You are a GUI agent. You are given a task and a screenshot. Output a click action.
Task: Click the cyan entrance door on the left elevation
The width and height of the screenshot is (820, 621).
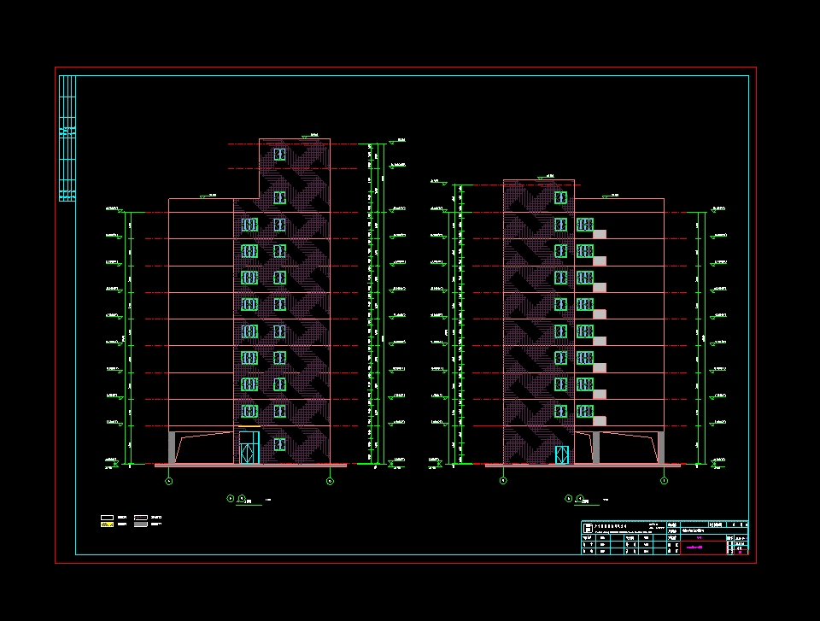point(249,448)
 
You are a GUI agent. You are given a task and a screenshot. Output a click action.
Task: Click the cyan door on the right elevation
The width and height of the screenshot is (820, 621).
point(561,454)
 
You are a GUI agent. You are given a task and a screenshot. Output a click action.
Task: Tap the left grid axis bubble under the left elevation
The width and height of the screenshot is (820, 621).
point(168,482)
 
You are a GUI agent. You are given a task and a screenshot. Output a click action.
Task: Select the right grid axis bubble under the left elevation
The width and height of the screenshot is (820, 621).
point(330,482)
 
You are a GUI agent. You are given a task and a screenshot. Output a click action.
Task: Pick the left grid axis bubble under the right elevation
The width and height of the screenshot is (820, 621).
point(502,482)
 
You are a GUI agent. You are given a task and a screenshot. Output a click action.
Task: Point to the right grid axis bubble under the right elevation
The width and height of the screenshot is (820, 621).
point(664,482)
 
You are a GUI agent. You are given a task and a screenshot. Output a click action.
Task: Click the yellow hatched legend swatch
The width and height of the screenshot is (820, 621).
point(108,524)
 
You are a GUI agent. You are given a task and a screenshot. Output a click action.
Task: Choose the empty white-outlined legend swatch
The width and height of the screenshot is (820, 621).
point(108,518)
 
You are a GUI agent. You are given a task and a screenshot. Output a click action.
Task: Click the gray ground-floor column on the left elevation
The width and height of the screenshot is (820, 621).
point(172,448)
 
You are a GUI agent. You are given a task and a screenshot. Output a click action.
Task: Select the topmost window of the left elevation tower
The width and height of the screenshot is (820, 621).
point(279,154)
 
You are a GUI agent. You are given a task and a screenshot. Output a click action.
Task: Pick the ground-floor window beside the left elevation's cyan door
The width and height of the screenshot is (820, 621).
point(279,444)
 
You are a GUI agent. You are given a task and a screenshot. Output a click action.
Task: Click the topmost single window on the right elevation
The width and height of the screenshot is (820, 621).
point(560,198)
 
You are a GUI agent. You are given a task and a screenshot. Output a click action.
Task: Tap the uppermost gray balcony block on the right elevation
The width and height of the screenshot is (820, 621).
point(600,234)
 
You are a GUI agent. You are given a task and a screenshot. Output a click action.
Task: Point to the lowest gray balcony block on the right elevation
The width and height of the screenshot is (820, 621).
point(600,420)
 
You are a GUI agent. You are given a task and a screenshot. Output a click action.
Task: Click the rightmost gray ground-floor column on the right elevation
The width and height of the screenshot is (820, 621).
point(660,448)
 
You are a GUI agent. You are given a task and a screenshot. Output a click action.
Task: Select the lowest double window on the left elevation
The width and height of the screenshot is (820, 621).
point(249,411)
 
